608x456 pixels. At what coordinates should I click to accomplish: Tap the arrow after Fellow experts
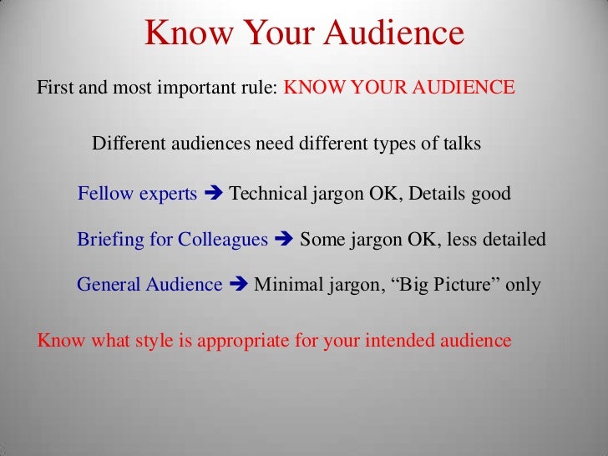coord(213,195)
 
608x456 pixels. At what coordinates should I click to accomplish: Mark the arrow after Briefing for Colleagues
coord(284,241)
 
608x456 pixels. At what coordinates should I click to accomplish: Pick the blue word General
coord(109,285)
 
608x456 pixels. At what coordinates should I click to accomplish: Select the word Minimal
coord(286,285)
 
